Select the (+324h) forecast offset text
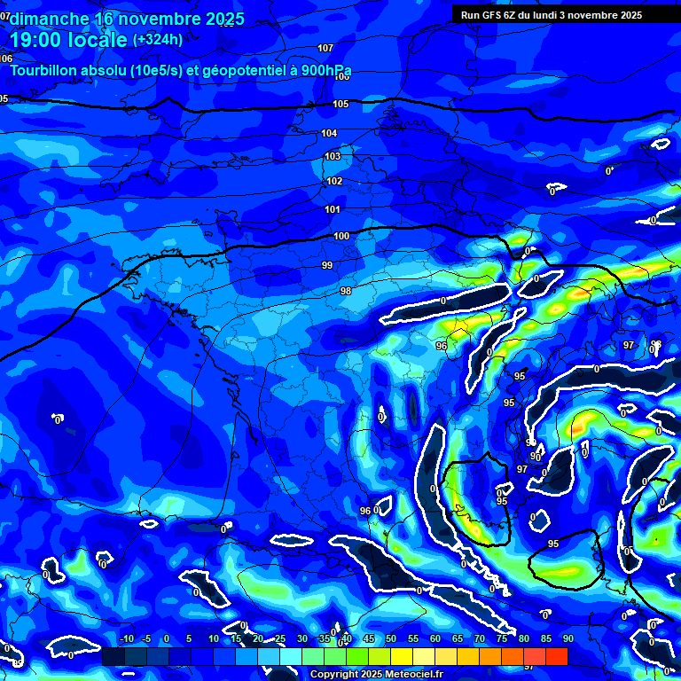pyautogui.click(x=158, y=40)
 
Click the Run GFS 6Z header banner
pyautogui.click(x=551, y=14)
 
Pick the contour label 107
pyautogui.click(x=325, y=48)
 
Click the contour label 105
pyautogui.click(x=340, y=104)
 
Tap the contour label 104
pyautogui.click(x=329, y=133)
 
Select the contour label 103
pyautogui.click(x=333, y=156)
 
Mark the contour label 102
pyautogui.click(x=334, y=181)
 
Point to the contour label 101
pyautogui.click(x=333, y=209)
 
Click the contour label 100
pyautogui.click(x=341, y=236)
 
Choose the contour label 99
pyautogui.click(x=327, y=265)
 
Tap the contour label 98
pyautogui.click(x=346, y=291)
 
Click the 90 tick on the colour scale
pyautogui.click(x=567, y=638)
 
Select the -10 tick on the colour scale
pyautogui.click(x=126, y=638)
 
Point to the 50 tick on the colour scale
pyautogui.click(x=391, y=638)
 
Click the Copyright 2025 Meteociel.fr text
pyautogui.click(x=373, y=674)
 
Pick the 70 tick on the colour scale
pyautogui.click(x=480, y=638)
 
